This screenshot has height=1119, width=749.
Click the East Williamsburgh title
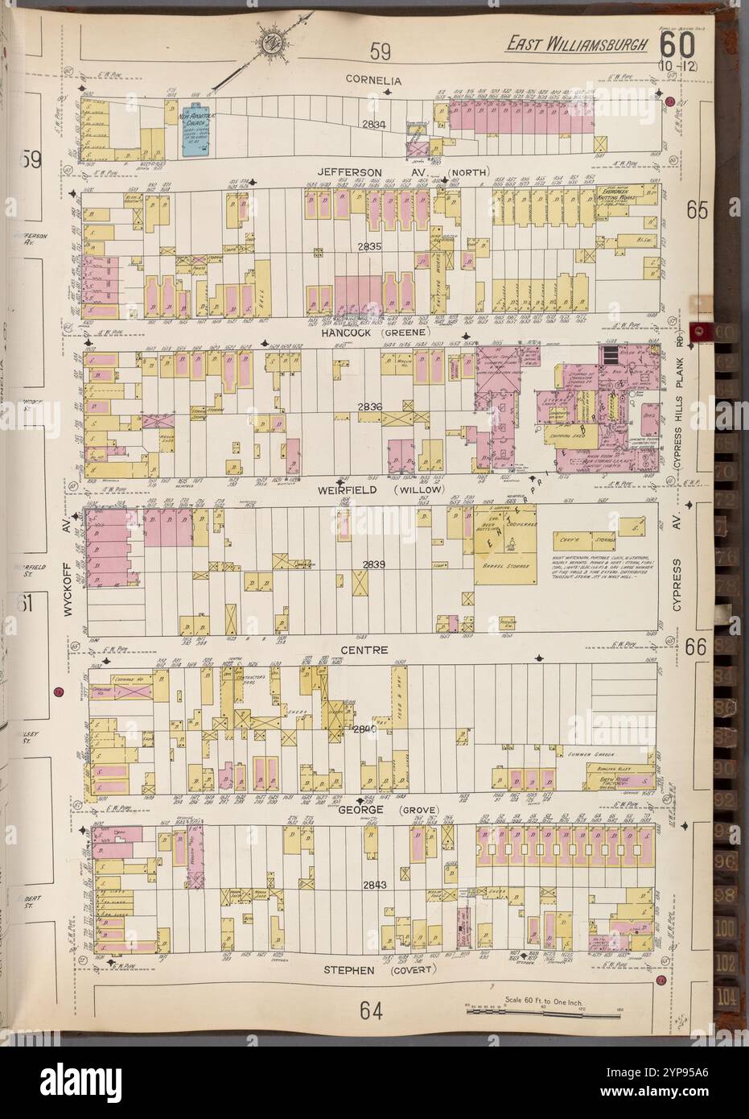[576, 44]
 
